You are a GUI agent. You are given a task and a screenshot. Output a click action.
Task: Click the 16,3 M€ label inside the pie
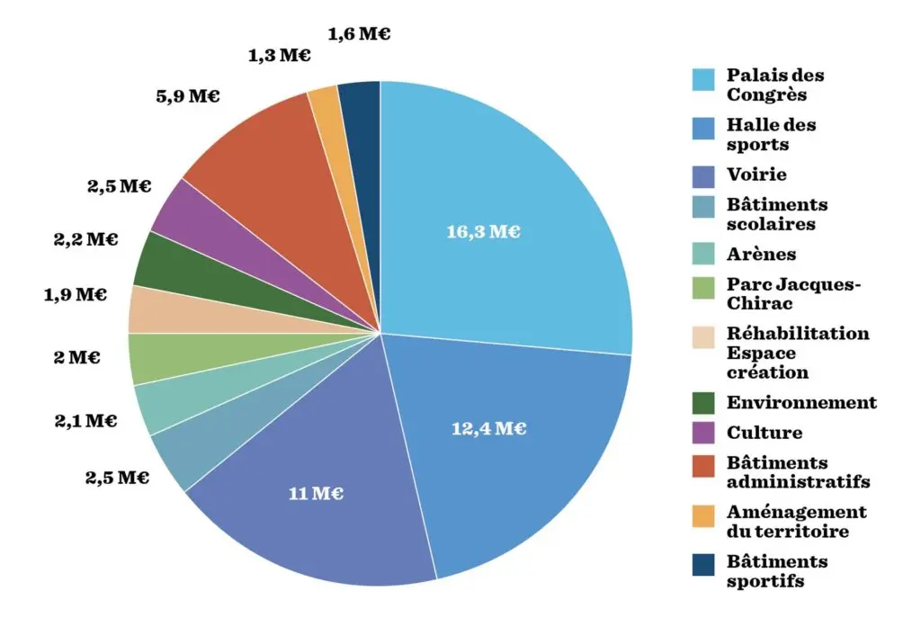(483, 232)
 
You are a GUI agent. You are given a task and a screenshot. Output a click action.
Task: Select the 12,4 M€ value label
(488, 428)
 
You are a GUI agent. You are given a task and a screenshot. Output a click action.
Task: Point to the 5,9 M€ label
(187, 96)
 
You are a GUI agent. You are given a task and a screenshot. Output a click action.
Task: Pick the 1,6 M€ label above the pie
(360, 35)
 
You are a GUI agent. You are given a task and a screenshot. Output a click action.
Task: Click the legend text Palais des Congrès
(775, 85)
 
